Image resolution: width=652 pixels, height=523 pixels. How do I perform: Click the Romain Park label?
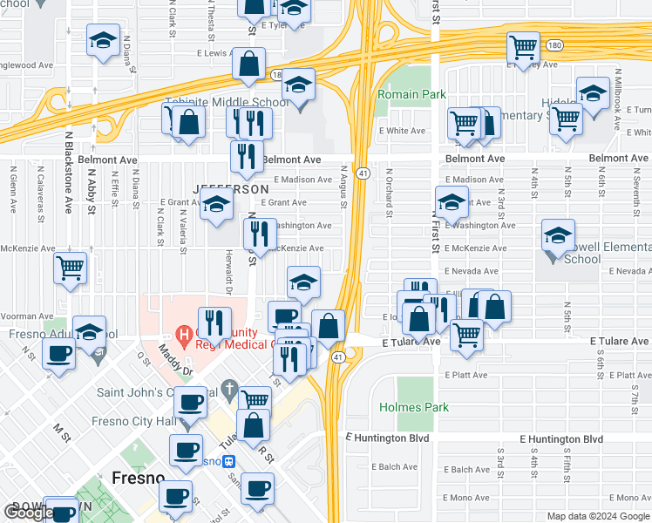pyautogui.click(x=411, y=94)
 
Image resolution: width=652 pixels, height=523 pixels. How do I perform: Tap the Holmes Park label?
pyautogui.click(x=413, y=407)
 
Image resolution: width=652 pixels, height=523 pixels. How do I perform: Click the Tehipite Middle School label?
pyautogui.click(x=225, y=102)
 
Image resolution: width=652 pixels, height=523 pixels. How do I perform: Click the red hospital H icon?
pyautogui.click(x=184, y=333)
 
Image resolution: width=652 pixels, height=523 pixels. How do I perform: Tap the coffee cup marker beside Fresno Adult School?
pyautogui.click(x=59, y=355)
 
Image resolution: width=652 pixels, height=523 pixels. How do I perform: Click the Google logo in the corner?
pyautogui.click(x=29, y=513)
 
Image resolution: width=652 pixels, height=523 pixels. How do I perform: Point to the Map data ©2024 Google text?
pyautogui.click(x=597, y=516)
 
